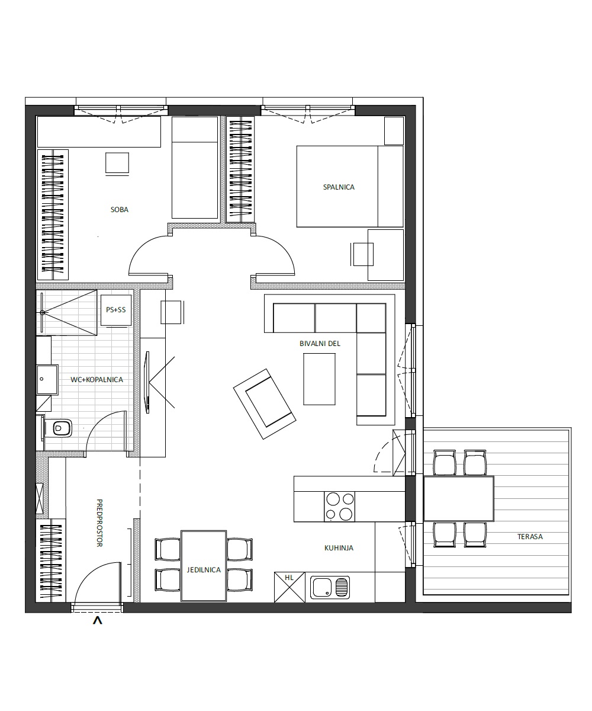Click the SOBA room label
(120, 210)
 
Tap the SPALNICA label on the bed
(339, 187)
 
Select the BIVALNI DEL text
(320, 344)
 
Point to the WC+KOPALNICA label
(96, 380)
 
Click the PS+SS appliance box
(116, 310)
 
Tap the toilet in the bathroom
(59, 428)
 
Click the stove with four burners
(340, 507)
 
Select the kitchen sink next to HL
(330, 587)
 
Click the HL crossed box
(289, 587)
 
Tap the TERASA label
(530, 537)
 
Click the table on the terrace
(459, 499)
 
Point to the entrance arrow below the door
(98, 621)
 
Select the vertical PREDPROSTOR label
(99, 523)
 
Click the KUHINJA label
(339, 548)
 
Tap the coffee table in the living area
(319, 379)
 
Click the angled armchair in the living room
(265, 404)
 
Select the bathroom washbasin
(47, 380)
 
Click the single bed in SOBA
(195, 168)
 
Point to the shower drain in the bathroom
(43, 312)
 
